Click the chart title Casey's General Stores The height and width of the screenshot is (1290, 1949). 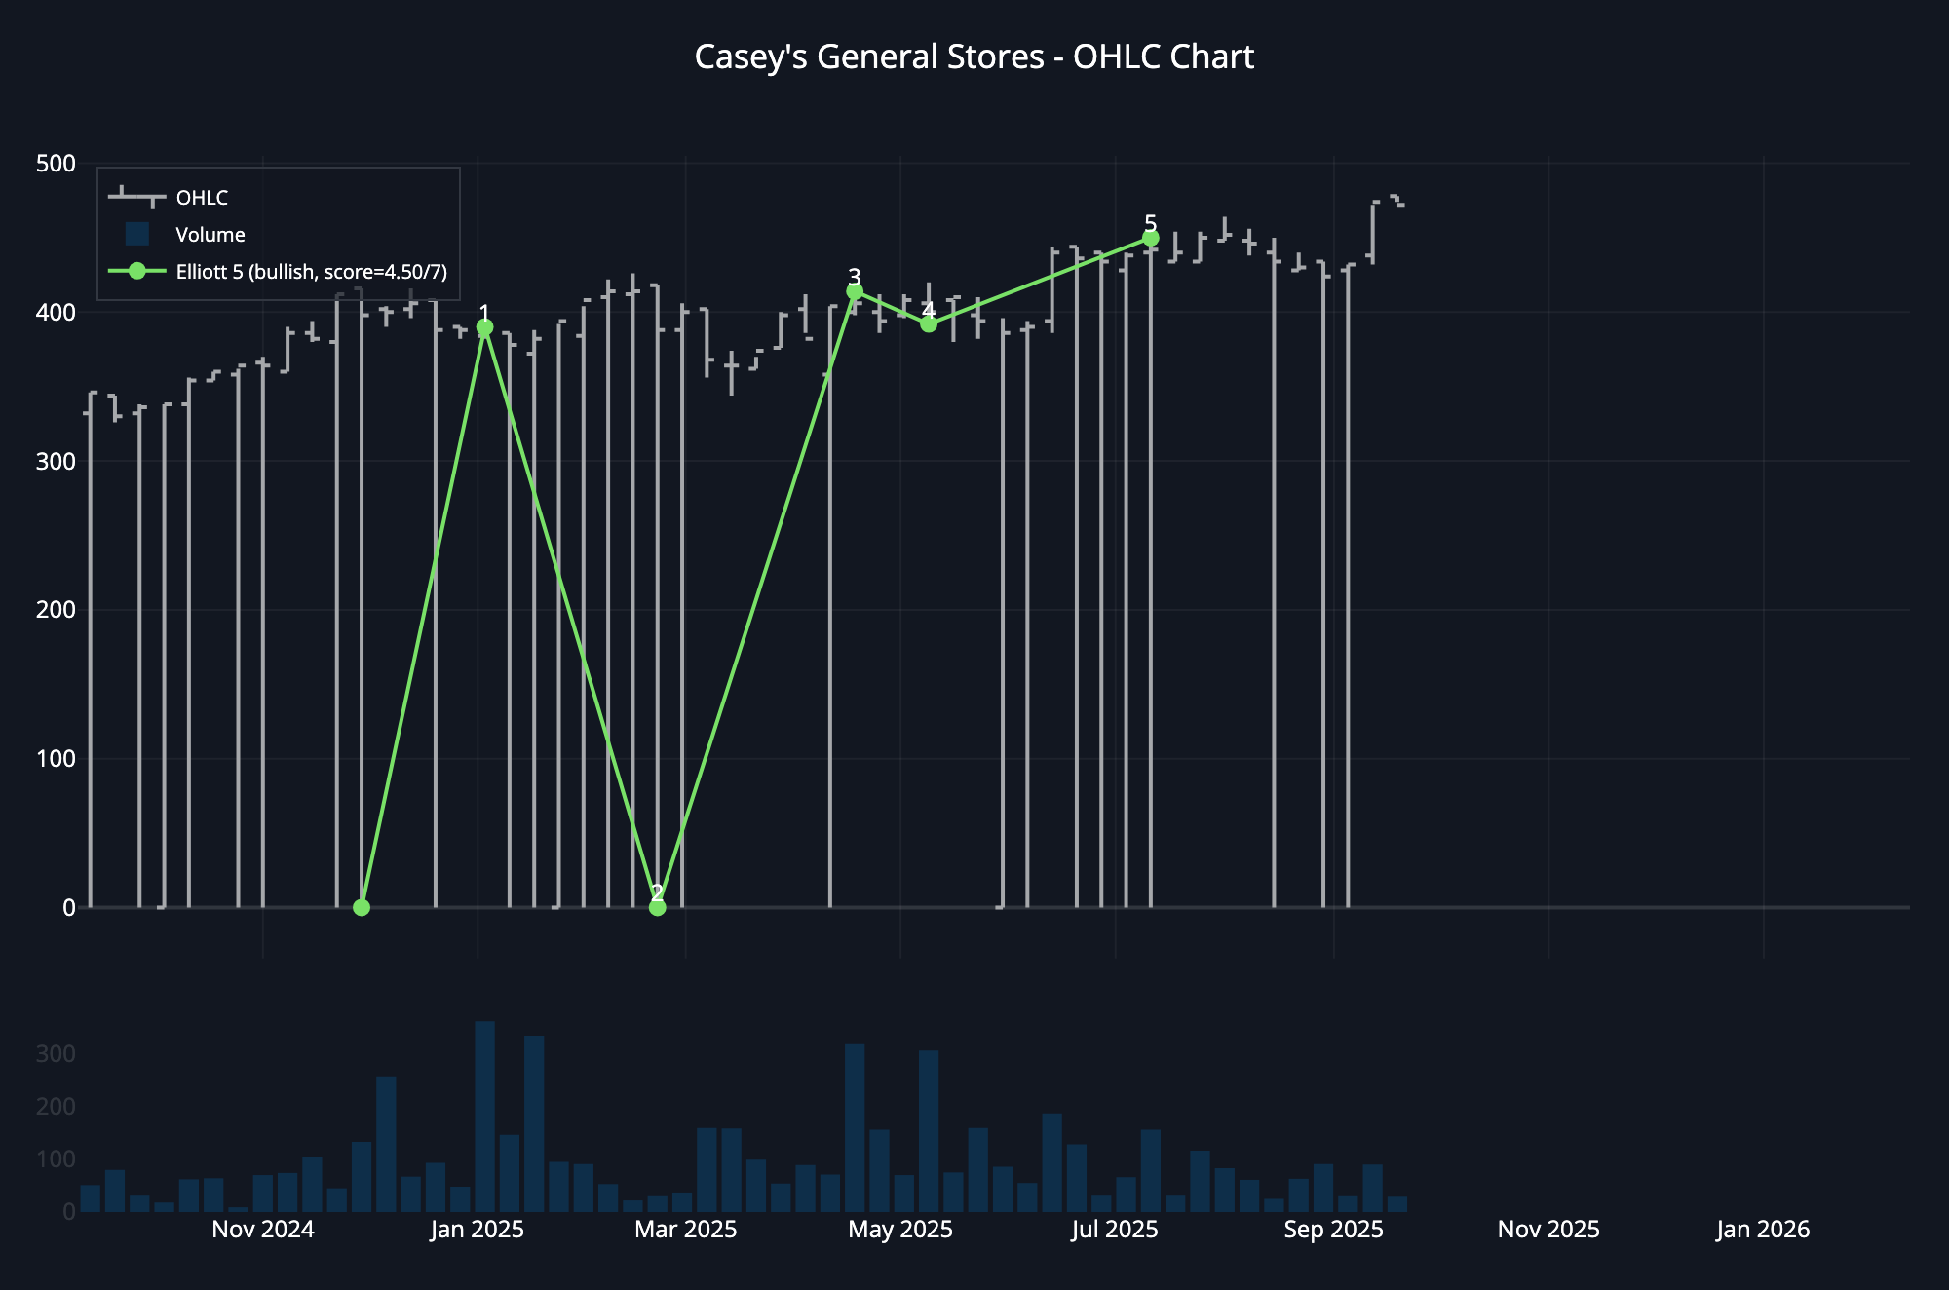(x=974, y=57)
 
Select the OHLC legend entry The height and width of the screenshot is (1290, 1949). (x=202, y=198)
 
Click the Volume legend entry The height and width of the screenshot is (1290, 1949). (x=210, y=235)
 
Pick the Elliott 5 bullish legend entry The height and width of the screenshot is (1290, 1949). (x=311, y=272)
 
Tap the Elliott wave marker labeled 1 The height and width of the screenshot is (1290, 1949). (x=484, y=328)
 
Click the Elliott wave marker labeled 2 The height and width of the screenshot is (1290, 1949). (x=658, y=907)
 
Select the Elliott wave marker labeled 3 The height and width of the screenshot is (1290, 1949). (x=855, y=291)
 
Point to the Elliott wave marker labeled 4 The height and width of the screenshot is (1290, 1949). (x=929, y=324)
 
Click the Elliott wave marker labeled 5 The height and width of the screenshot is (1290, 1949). (x=1150, y=239)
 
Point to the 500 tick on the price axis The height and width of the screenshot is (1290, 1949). (x=56, y=164)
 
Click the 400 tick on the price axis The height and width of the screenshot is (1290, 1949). (x=56, y=313)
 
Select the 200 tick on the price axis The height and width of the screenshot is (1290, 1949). (x=56, y=610)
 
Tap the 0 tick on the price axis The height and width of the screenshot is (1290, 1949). (x=68, y=908)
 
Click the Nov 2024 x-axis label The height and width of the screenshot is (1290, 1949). (x=263, y=1230)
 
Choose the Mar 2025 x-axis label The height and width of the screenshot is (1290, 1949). (x=686, y=1230)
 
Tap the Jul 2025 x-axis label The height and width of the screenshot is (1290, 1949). (x=1115, y=1230)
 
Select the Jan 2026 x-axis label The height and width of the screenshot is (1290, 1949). (x=1763, y=1230)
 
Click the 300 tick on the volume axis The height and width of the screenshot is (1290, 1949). (x=56, y=1054)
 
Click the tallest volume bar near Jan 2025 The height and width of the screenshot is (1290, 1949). (x=484, y=1116)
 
